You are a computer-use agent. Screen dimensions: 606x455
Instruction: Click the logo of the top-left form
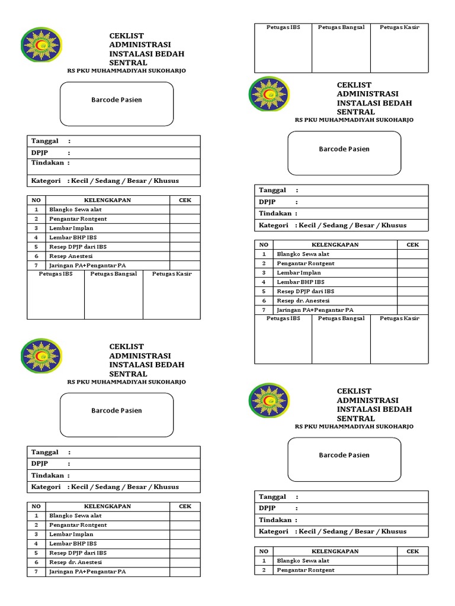pos(41,45)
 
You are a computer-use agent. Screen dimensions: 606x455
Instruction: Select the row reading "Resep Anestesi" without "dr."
pos(71,256)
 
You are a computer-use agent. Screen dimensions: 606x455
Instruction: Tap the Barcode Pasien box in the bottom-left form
pos(117,410)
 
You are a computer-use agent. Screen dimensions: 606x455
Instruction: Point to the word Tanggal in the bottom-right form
pos(273,497)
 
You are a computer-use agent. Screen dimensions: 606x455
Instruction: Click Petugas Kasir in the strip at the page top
pos(399,27)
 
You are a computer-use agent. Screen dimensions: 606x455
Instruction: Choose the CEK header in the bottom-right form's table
pos(412,551)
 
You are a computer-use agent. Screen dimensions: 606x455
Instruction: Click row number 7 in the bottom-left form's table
pos(36,572)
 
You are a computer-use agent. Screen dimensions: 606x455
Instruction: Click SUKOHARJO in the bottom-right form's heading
pos(393,426)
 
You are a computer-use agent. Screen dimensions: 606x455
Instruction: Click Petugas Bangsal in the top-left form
pos(114,274)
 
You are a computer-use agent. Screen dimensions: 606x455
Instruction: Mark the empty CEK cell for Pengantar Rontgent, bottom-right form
pos(412,570)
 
